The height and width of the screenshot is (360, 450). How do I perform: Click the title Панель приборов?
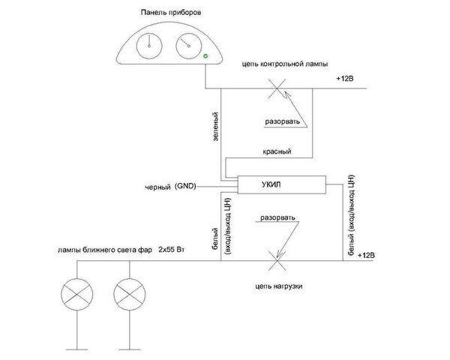(x=171, y=13)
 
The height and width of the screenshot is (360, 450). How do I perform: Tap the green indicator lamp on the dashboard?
(x=205, y=56)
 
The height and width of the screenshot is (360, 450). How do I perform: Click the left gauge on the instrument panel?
(x=149, y=46)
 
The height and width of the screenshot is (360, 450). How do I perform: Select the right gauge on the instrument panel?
(x=188, y=46)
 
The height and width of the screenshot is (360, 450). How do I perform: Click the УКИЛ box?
(x=281, y=184)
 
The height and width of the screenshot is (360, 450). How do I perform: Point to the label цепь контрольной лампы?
(x=285, y=64)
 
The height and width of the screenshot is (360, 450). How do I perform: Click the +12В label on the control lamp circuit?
(x=345, y=78)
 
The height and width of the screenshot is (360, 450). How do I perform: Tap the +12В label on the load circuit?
(x=366, y=255)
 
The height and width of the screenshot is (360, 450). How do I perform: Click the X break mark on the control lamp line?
(x=277, y=88)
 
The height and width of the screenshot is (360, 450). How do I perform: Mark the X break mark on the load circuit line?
(x=277, y=261)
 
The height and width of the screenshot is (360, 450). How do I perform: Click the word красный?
(x=277, y=151)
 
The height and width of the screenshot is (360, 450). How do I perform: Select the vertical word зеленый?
(x=216, y=126)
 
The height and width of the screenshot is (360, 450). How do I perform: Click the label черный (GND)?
(x=170, y=187)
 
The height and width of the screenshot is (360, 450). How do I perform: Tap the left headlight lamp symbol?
(x=77, y=294)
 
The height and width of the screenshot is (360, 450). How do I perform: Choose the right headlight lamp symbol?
(x=130, y=294)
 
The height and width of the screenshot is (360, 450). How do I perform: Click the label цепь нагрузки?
(x=279, y=286)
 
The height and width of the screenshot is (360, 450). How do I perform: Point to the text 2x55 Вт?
(x=171, y=249)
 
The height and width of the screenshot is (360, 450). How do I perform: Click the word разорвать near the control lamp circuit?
(x=283, y=121)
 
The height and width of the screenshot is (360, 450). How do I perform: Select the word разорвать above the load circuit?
(x=277, y=217)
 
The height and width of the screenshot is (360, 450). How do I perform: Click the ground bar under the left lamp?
(x=77, y=349)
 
